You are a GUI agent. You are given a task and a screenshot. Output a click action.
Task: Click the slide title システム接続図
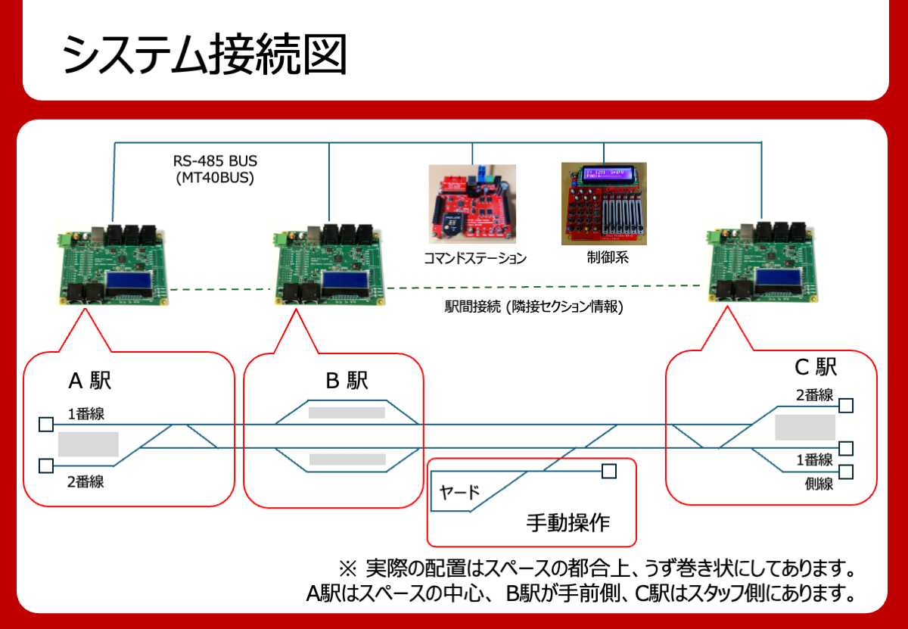pos(204,54)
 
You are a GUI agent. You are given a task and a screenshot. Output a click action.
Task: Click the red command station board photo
pos(472,203)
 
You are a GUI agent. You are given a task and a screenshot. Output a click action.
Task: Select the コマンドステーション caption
pos(474,258)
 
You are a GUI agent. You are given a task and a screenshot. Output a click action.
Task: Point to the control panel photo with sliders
pos(605,203)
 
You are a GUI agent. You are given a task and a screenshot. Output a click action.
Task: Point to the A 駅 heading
pos(90,380)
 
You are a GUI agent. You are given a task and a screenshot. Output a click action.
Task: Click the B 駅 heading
pos(347,381)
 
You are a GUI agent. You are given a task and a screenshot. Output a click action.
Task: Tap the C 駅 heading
pos(815,368)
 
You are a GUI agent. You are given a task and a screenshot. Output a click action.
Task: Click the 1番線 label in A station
pos(86,413)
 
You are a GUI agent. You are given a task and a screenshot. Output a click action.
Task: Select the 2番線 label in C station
pos(815,394)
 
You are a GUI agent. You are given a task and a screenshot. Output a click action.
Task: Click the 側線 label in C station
pos(819,484)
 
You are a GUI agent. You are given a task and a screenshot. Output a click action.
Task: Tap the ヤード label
pos(460,493)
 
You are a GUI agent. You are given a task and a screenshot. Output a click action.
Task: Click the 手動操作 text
pos(567,523)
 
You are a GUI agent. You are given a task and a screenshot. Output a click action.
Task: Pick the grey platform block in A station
pos(88,444)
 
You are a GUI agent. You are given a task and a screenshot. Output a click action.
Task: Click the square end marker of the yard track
pos(609,472)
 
